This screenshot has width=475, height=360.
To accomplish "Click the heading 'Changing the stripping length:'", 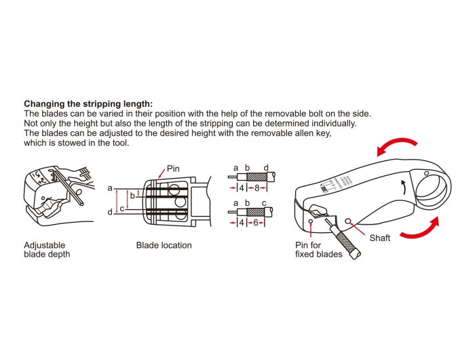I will point(88,104).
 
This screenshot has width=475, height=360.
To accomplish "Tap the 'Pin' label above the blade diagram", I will point(174,167).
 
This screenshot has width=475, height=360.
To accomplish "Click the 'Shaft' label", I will point(379,238).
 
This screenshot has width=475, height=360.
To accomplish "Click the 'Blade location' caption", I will point(164,245).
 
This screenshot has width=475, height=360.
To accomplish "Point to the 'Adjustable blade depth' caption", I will point(47,249).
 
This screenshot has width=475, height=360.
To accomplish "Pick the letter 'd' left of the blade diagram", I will point(110,213).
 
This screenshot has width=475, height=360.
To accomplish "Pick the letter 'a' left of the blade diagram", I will point(110,187).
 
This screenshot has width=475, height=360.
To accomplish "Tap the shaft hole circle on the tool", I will point(349,221).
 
